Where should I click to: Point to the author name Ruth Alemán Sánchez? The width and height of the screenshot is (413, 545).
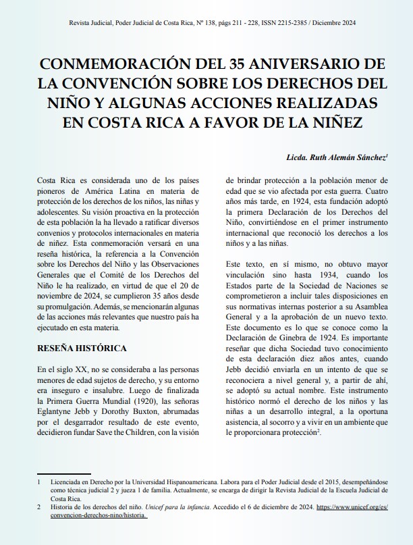click(342, 157)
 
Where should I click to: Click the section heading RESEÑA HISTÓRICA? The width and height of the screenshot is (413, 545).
click(82, 348)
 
